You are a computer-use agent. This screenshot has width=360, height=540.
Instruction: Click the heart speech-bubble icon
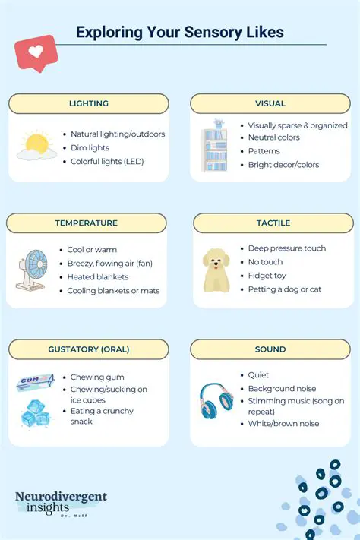[35, 52]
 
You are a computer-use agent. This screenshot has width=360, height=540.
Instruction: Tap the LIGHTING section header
[88, 103]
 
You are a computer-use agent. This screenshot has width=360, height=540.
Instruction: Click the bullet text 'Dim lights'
[90, 148]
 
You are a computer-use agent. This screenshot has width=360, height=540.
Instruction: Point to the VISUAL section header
[270, 103]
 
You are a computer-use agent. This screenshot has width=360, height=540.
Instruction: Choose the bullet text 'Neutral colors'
[273, 137]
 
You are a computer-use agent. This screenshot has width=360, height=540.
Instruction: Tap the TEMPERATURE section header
[86, 223]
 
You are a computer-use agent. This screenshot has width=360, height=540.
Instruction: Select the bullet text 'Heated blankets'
[97, 277]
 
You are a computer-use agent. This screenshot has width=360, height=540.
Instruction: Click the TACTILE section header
[273, 223]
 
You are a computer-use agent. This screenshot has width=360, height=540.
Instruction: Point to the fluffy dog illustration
[216, 270]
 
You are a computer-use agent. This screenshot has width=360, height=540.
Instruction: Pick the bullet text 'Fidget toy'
[267, 276]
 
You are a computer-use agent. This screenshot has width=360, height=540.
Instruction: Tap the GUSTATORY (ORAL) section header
[88, 349]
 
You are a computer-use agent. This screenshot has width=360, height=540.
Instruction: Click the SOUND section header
[270, 349]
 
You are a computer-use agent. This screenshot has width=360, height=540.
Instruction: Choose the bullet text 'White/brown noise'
[283, 424]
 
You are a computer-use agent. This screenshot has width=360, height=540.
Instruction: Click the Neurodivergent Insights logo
[61, 503]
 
